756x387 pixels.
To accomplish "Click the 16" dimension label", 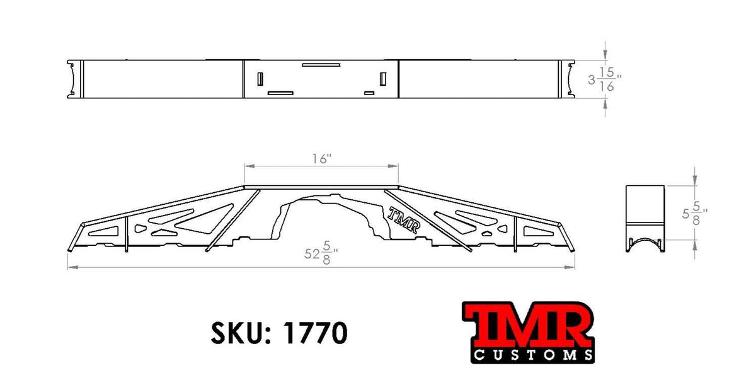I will [321, 159].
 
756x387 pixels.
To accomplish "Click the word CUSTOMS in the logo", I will [533, 355].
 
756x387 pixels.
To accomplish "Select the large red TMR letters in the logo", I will [527, 323].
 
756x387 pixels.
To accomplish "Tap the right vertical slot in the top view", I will [382, 78].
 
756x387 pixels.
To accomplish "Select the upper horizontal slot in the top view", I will [321, 64].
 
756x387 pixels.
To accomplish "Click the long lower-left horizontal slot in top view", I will [281, 93].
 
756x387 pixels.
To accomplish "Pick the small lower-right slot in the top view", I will [369, 93].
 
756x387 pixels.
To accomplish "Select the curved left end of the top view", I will [75, 79].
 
